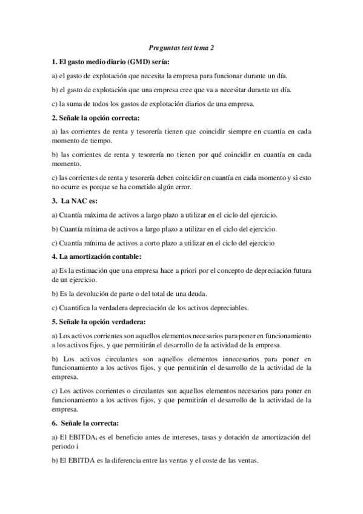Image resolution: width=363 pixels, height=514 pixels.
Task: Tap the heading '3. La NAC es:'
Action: (76, 201)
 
